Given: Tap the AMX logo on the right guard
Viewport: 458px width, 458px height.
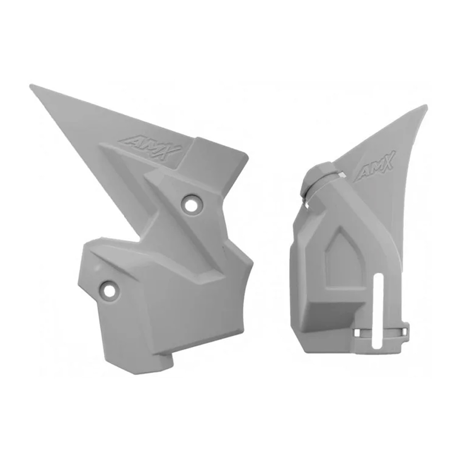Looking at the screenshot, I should tap(376, 167).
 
